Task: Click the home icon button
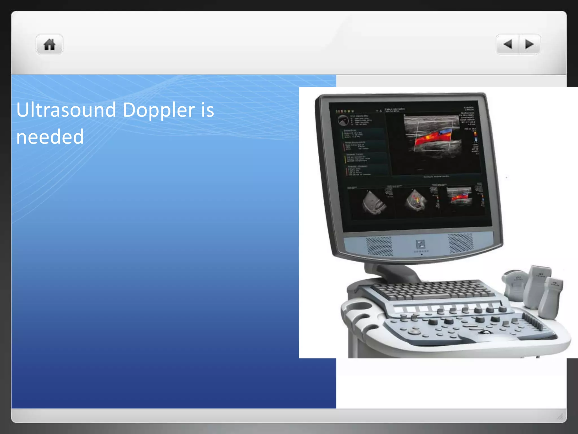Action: [49, 44]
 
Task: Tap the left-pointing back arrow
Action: [508, 44]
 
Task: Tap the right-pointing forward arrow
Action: [529, 44]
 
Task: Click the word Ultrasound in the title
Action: [66, 110]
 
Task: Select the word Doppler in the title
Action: [159, 110]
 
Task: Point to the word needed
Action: [50, 137]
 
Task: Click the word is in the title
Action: [207, 110]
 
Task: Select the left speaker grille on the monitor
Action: [379, 246]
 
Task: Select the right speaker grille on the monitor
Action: [461, 243]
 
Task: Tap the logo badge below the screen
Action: [420, 244]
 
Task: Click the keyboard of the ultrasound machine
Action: [432, 290]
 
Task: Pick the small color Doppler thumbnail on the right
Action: [459, 197]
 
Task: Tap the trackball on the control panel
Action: [486, 332]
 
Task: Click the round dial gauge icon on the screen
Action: [343, 120]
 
